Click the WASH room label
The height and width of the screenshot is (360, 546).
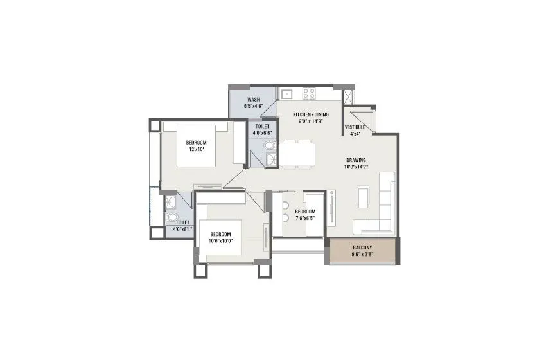pyautogui.click(x=253, y=100)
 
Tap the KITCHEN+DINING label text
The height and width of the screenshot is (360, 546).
pyautogui.click(x=306, y=114)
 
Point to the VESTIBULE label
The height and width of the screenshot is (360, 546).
pyautogui.click(x=355, y=127)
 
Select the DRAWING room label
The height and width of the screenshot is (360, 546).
pyautogui.click(x=356, y=160)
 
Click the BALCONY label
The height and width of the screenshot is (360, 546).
pyautogui.click(x=362, y=248)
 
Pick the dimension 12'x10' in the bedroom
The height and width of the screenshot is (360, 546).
pyautogui.click(x=196, y=149)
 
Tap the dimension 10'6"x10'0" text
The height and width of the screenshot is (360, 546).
pyautogui.click(x=220, y=241)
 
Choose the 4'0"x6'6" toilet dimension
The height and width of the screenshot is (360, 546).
pyautogui.click(x=262, y=133)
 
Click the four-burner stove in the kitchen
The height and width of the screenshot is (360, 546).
pyautogui.click(x=309, y=93)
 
